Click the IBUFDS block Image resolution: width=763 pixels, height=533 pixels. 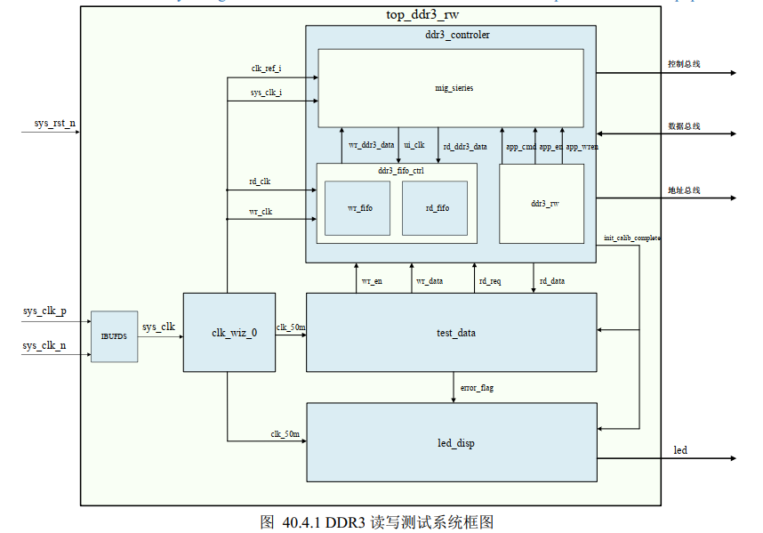point(115,336)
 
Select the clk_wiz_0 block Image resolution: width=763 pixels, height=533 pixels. point(227,332)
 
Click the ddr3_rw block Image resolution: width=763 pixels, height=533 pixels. point(544,203)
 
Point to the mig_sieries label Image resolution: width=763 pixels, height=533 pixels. point(454,88)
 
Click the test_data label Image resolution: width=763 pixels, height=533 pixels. point(454,333)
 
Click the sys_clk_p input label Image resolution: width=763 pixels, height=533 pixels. point(44,311)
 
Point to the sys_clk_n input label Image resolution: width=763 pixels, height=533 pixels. point(44,345)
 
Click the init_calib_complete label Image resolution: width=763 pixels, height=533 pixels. point(631,238)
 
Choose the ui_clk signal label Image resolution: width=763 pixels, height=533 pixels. point(414,144)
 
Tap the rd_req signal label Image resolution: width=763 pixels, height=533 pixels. point(490,281)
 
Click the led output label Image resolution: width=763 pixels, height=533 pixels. point(680,450)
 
